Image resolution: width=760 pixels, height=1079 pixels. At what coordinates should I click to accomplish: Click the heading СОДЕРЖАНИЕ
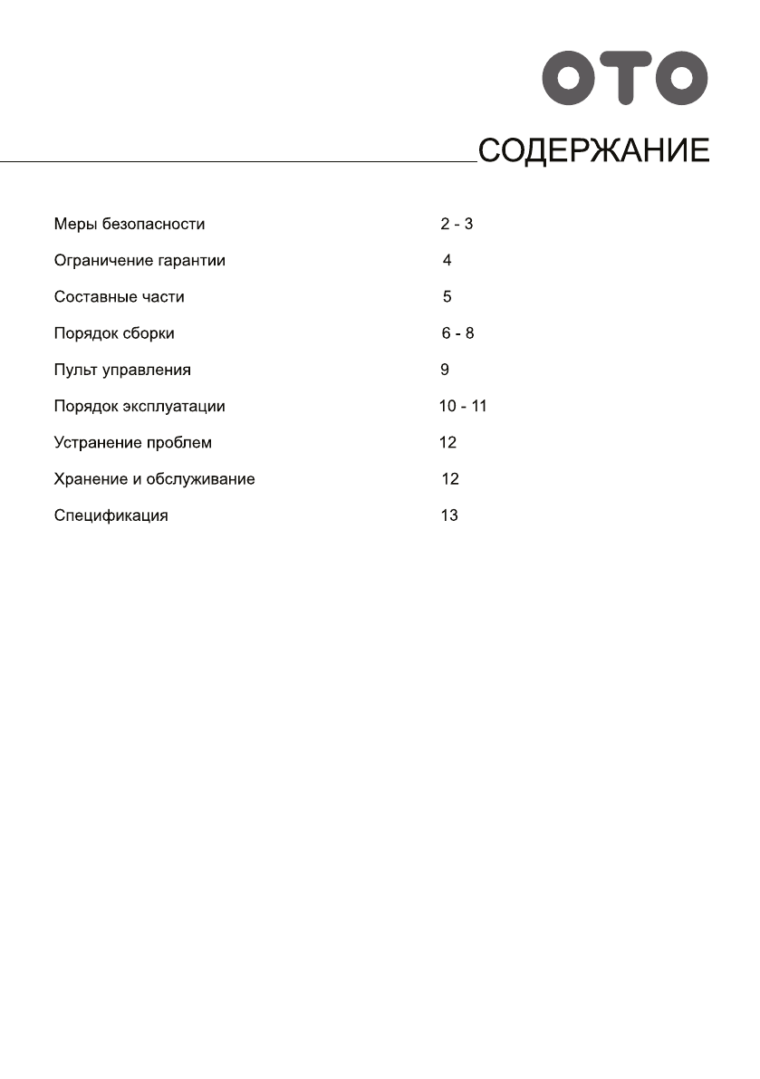click(593, 150)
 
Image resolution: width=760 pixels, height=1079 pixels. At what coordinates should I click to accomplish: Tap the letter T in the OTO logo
click(625, 78)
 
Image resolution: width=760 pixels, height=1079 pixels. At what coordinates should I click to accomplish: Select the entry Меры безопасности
click(130, 224)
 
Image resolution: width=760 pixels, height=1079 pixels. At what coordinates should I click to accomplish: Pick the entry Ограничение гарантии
click(139, 261)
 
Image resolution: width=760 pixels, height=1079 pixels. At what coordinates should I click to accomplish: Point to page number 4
click(447, 261)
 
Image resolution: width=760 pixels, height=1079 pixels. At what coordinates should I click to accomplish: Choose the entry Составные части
click(119, 297)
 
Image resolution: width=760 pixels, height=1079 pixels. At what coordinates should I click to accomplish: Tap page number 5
click(447, 297)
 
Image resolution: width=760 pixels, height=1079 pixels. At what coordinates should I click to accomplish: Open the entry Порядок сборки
click(114, 333)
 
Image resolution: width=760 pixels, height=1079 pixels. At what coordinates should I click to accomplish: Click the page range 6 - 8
click(457, 333)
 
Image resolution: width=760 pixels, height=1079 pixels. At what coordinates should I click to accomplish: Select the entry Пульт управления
click(122, 371)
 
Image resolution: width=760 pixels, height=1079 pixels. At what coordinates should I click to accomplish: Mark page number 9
click(444, 371)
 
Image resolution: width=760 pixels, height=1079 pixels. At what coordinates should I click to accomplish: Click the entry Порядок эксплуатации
click(139, 407)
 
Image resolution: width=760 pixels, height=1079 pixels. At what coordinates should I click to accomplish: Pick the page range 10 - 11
click(463, 407)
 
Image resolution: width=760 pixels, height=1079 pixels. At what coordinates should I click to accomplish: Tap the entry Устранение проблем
click(133, 443)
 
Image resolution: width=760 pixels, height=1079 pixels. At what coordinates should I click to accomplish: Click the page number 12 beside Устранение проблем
click(447, 443)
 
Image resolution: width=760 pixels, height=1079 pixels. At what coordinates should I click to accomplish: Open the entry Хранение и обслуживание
click(154, 479)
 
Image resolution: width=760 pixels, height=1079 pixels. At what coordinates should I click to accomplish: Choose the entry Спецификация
click(111, 516)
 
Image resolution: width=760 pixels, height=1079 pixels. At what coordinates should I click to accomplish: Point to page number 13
click(449, 516)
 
